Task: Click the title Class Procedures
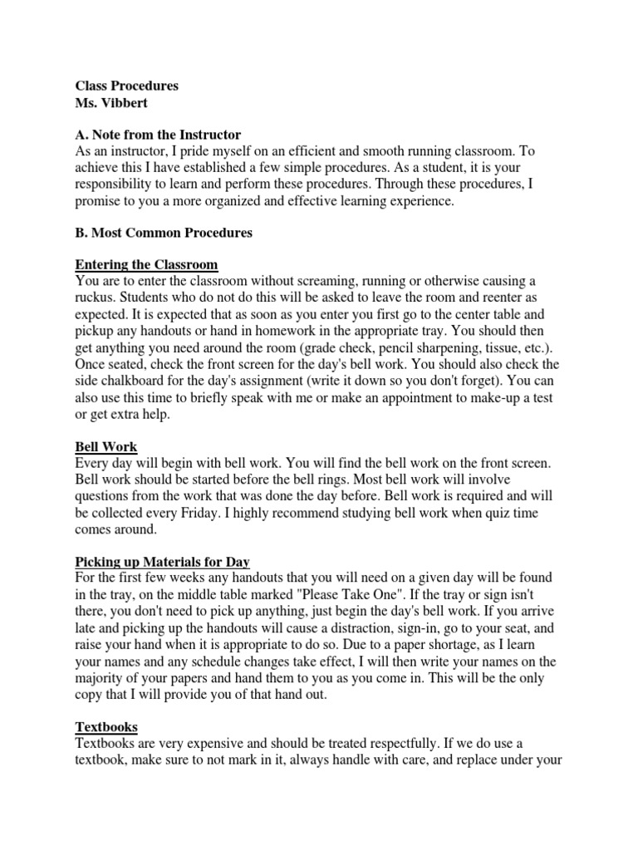[x=127, y=86]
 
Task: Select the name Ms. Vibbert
[x=112, y=102]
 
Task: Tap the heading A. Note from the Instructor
[x=158, y=135]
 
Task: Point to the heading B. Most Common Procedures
[x=164, y=233]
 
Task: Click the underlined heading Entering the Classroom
[x=146, y=265]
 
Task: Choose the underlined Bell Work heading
[x=106, y=446]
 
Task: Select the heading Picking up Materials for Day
[x=162, y=561]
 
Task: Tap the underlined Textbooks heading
[x=106, y=726]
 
